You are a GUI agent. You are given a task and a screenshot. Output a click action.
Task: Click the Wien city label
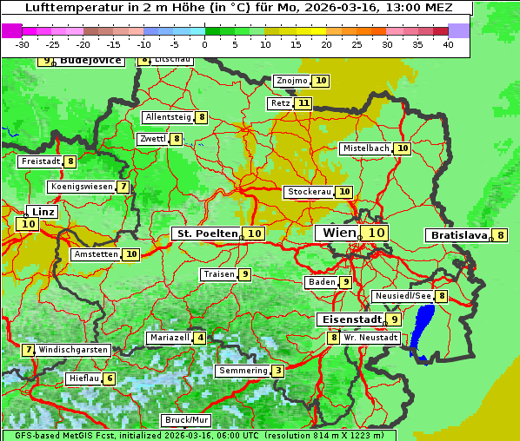(338, 233)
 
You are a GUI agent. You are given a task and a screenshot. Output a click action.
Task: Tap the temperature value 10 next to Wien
(376, 233)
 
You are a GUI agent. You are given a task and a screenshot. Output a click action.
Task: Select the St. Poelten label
(206, 234)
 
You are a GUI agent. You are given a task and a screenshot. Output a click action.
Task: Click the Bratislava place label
(457, 235)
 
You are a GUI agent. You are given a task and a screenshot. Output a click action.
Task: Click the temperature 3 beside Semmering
(277, 371)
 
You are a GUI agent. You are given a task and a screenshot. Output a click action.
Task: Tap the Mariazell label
(169, 338)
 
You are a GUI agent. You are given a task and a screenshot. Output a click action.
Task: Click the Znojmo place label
(291, 81)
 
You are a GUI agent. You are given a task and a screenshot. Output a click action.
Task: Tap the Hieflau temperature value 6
(109, 378)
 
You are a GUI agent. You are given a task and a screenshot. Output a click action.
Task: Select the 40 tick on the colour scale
(448, 44)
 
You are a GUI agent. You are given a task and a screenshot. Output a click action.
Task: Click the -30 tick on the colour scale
(23, 44)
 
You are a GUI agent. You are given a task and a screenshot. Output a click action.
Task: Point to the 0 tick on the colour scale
(205, 44)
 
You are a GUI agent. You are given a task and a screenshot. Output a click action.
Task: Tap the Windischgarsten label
(73, 349)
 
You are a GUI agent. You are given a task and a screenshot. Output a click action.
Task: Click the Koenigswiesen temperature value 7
(123, 187)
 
